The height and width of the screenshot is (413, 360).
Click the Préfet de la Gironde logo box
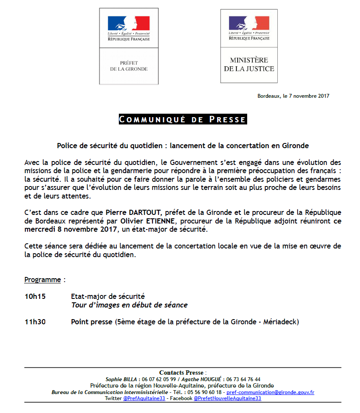129,46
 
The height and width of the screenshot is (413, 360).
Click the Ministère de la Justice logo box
249,46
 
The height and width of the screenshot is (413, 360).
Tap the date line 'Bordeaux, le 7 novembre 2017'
293,96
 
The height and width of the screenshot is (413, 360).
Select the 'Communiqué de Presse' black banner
183,119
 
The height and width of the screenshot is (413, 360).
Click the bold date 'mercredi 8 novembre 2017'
71,230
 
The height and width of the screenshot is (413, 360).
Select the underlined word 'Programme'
43,279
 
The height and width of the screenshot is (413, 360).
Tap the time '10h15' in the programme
35,296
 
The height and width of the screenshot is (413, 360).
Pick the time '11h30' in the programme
35,322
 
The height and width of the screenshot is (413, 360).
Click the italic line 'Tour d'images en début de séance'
129,305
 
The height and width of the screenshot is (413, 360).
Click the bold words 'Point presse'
91,322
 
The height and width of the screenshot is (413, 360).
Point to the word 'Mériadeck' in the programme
282,322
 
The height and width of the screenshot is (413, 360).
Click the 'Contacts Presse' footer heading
181,373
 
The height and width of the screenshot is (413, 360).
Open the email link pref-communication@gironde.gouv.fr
270,392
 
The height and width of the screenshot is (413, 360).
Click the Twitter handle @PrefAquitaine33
144,399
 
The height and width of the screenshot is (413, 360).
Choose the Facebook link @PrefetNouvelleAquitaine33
227,399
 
